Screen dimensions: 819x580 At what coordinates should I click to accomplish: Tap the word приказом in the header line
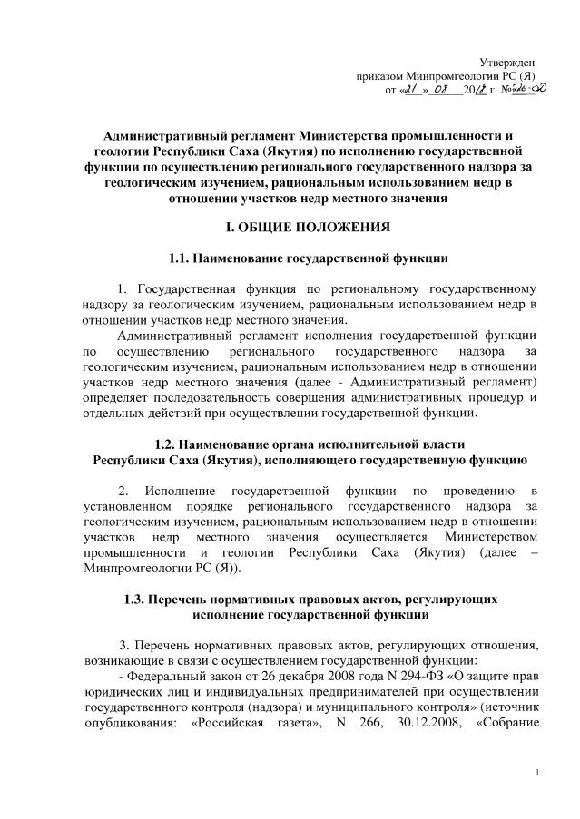(x=382, y=75)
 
